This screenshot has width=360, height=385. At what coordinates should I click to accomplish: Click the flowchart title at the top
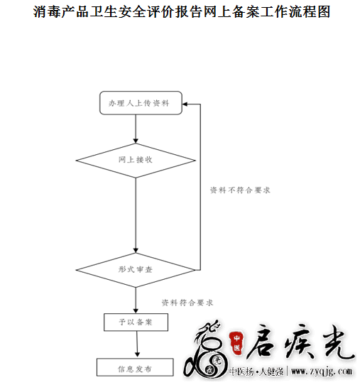(x=182, y=12)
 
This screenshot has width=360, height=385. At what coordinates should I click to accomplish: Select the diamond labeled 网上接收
(x=136, y=161)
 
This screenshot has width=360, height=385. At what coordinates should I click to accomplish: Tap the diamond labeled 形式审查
(x=136, y=270)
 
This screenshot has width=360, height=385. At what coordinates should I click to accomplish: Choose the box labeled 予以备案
(x=136, y=322)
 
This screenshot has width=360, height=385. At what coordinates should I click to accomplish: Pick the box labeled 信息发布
(x=135, y=367)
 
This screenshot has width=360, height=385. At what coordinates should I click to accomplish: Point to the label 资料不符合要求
(x=240, y=190)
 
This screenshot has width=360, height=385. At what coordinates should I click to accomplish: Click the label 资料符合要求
(x=187, y=303)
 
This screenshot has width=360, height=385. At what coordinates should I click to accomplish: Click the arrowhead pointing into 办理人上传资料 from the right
(x=185, y=104)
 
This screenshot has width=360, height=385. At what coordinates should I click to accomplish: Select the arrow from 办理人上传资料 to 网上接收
(x=136, y=129)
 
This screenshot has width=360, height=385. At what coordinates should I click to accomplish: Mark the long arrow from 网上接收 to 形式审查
(x=136, y=215)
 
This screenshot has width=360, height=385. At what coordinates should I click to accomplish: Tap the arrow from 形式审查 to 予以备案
(x=136, y=300)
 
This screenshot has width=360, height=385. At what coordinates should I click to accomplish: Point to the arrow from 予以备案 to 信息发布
(x=137, y=344)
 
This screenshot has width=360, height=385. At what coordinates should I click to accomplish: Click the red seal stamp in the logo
(x=236, y=343)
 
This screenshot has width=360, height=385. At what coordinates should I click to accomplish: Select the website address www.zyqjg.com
(x=322, y=372)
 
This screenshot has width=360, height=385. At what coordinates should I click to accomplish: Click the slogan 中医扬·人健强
(x=256, y=372)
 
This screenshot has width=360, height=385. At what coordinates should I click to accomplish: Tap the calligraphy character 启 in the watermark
(x=262, y=341)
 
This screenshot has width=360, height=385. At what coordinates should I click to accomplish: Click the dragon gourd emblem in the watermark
(x=206, y=352)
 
